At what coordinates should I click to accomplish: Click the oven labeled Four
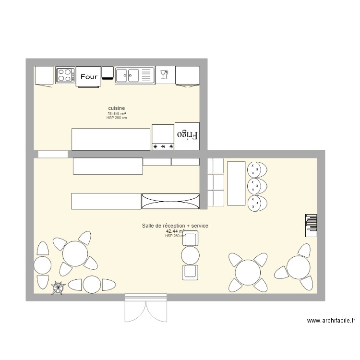click(88, 77)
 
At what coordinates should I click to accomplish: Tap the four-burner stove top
click(65, 75)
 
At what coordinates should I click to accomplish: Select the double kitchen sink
click(135, 75)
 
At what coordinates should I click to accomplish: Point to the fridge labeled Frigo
click(187, 136)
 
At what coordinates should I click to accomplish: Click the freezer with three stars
click(163, 137)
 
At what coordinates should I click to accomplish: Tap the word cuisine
click(117, 108)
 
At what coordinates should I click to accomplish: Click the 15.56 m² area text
click(117, 114)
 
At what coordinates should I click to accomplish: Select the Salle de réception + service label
click(175, 226)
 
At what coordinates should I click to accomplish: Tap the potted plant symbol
click(58, 287)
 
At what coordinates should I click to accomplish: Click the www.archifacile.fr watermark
click(331, 321)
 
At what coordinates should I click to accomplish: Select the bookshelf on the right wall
click(311, 226)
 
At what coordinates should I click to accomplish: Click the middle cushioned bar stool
click(257, 186)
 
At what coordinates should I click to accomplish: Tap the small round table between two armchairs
click(191, 255)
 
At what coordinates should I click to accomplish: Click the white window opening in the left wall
click(53, 154)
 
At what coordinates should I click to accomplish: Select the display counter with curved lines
click(170, 201)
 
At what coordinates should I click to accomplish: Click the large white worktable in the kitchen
click(111, 139)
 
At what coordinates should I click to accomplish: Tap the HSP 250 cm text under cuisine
click(117, 118)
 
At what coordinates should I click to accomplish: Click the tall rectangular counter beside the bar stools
click(236, 183)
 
